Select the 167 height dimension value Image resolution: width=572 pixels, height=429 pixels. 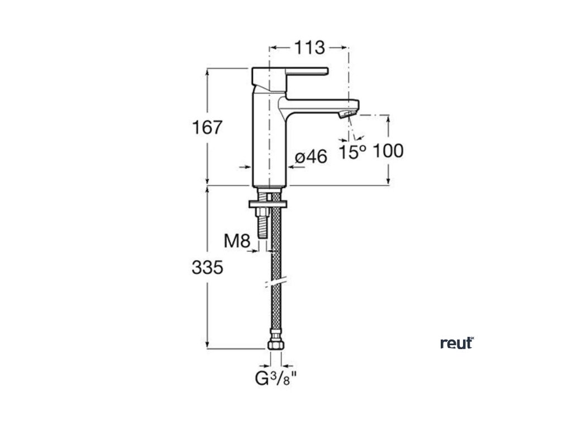coord(207,127)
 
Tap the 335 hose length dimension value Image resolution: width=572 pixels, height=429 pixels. coord(207,268)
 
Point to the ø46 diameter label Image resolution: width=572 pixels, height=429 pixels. coord(311,158)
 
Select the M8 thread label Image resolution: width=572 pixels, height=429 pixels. coord(237,241)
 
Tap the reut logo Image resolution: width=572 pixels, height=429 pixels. coord(457,342)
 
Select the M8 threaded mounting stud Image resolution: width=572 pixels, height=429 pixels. coord(261,223)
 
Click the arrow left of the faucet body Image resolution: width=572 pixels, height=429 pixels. coord(244,166)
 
